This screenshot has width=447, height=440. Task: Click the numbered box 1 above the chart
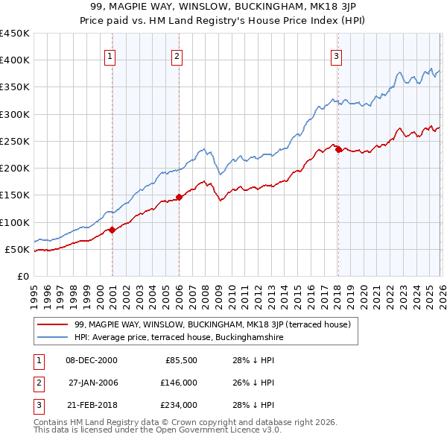coord(110,56)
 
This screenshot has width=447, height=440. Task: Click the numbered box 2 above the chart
coord(177,56)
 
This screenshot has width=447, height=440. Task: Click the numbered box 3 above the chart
coord(336,56)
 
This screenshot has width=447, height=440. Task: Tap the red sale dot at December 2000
coord(112,230)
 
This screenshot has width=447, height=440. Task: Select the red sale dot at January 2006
coord(180,197)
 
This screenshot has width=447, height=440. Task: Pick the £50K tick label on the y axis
coord(18,249)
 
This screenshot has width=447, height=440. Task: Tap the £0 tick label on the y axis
coord(24,276)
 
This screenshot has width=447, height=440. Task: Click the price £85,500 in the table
coord(181,360)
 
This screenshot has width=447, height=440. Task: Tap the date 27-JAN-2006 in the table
coord(92,383)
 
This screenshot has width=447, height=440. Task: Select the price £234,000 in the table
coord(179,405)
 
